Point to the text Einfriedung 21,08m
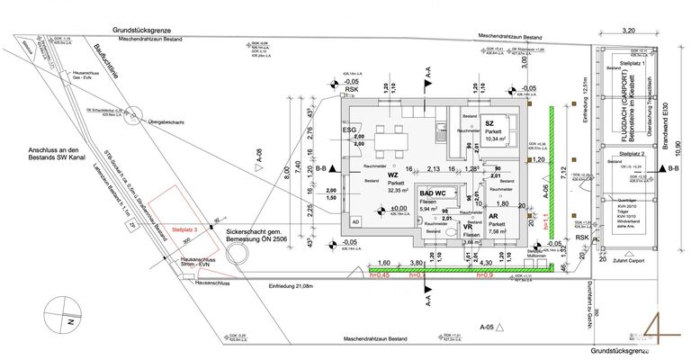click(284, 285)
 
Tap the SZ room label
click(489, 123)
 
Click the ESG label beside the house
click(348, 130)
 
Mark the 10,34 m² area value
click(497, 139)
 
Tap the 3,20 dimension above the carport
click(630, 30)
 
